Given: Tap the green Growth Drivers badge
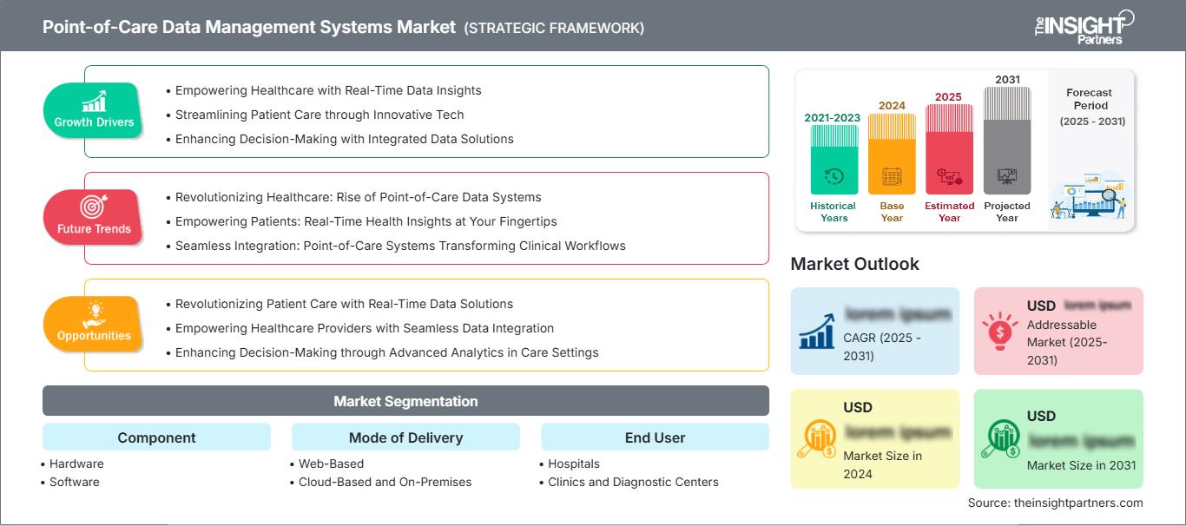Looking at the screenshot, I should click(94, 111).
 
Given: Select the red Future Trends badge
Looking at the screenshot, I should click(94, 218).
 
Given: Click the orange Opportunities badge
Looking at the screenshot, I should click(94, 325).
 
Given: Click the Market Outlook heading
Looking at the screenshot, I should click(854, 264).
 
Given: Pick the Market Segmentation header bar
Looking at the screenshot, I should click(405, 401).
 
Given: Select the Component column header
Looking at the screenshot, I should click(156, 437).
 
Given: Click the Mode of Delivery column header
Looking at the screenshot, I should click(405, 437).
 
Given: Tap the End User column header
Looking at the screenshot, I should click(655, 437).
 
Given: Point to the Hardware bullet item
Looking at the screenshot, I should click(76, 464).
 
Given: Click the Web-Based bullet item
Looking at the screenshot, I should click(331, 464).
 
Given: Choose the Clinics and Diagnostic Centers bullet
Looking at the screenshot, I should click(633, 482).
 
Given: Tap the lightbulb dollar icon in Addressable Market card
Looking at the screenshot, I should click(999, 330).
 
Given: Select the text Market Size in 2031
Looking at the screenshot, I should click(1081, 465).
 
